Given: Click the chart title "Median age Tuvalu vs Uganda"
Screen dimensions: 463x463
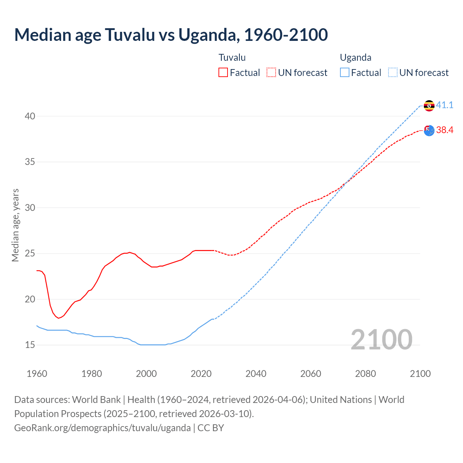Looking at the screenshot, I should coord(171,35).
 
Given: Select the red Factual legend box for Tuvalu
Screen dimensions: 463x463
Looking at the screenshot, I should coord(223,72).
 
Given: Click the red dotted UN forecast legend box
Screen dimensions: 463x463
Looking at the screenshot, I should coord(271,72).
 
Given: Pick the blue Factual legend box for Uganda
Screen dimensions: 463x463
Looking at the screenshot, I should coord(345,72).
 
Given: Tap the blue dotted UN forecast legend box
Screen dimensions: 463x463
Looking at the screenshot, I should coord(393,72).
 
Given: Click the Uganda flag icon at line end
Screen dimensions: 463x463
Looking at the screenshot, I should coord(429,106).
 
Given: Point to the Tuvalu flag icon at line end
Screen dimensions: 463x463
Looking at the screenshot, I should coord(429,131).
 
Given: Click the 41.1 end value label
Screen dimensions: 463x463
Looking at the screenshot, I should coord(445,105).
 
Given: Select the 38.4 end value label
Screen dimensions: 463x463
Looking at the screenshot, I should coord(445,130).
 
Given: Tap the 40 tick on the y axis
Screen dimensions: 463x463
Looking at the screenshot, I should coord(30,116).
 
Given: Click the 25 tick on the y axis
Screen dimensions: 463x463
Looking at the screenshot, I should coord(30,253).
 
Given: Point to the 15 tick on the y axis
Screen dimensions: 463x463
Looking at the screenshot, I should coord(30,345).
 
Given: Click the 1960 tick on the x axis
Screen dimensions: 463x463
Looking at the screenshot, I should coord(37,374).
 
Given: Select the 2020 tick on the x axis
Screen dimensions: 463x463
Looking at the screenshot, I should coord(201,374).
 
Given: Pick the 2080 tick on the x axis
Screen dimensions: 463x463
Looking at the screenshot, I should coord(365,374).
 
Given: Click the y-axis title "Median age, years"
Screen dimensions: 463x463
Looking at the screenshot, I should coord(15,225).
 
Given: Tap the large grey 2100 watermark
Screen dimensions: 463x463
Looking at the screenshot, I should coord(382,339).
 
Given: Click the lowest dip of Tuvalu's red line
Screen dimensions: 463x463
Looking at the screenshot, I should coord(58,318).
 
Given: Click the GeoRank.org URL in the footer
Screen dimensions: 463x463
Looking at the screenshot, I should coord(102,428).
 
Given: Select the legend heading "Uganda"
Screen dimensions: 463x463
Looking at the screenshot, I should coord(356,58).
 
